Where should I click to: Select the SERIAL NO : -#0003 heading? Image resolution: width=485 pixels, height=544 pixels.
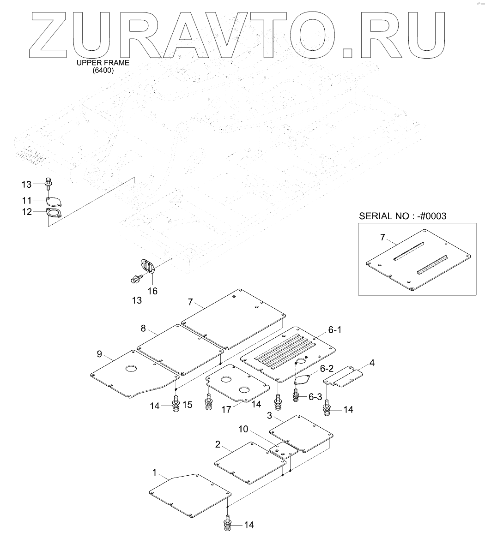click(403, 215)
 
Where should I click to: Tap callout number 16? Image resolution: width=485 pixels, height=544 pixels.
click(152, 291)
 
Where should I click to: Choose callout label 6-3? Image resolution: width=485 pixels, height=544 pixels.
click(315, 396)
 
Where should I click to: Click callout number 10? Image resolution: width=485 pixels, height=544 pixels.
click(243, 429)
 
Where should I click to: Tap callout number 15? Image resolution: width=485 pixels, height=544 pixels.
click(187, 405)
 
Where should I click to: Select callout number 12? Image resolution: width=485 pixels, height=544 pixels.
click(27, 212)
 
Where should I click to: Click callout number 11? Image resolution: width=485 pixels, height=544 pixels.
click(27, 201)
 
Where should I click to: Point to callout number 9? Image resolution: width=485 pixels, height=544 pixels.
click(99, 354)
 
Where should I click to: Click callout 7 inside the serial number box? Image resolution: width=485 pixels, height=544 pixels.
click(382, 238)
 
